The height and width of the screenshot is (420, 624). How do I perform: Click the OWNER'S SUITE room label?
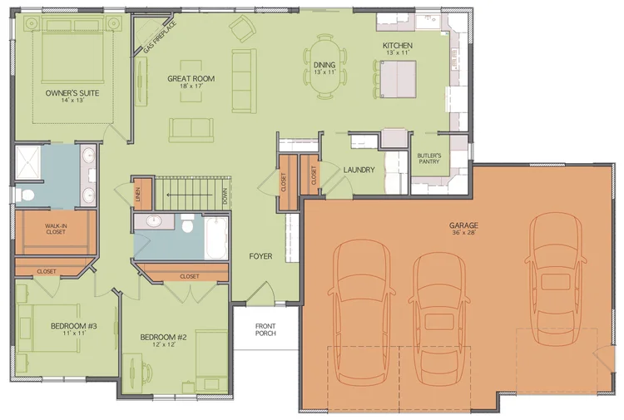coord(72,93)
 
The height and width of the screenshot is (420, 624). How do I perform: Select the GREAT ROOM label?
coord(191,80)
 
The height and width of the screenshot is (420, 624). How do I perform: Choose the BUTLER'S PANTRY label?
coord(428,160)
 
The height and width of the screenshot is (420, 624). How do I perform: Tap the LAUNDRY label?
coord(359,170)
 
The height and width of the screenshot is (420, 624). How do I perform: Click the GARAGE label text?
coord(463,225)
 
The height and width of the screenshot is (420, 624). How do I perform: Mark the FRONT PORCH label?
coord(265,329)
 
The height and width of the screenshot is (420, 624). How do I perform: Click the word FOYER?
coord(260,256)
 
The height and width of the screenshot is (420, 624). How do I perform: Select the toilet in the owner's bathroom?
coord(25,196)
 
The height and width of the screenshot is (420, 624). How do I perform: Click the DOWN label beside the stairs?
coord(225,196)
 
